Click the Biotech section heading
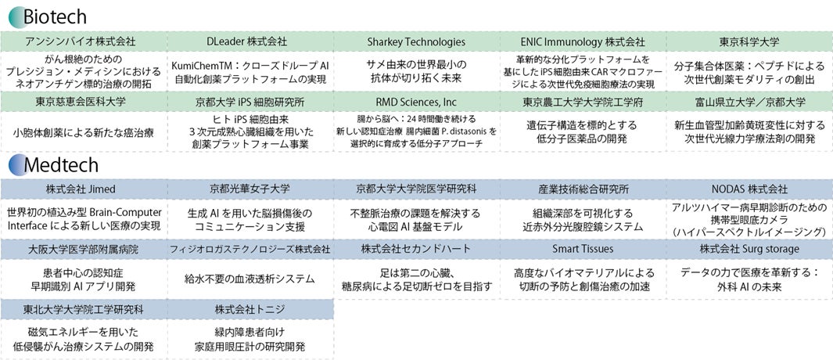[55, 16]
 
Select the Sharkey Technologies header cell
[416, 41]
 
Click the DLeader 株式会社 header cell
[250, 41]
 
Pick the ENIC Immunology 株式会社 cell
[583, 41]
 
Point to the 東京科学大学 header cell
[749, 41]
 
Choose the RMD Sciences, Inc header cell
[416, 102]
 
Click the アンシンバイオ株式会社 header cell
[84, 41]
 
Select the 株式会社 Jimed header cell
[84, 189]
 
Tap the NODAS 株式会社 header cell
[749, 189]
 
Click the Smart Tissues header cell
[583, 249]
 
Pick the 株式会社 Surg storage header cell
[749, 249]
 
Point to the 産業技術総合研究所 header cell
[583, 189]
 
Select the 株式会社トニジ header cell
[250, 308]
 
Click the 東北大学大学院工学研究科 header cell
[84, 308]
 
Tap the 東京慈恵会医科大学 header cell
[84, 102]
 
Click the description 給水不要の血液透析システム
[250, 279]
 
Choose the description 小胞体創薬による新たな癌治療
[84, 132]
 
